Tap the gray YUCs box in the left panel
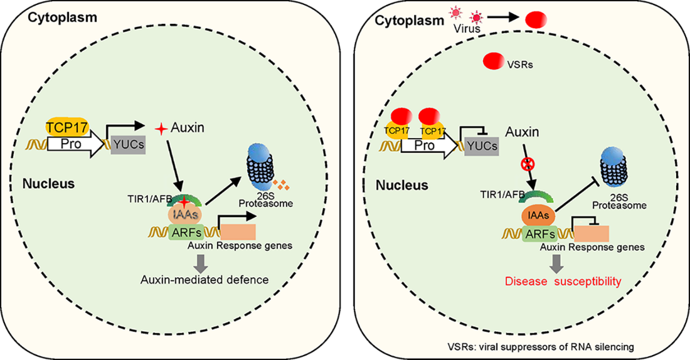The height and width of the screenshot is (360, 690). pyautogui.click(x=125, y=145)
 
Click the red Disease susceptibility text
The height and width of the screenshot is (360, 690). pyautogui.click(x=563, y=281)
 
